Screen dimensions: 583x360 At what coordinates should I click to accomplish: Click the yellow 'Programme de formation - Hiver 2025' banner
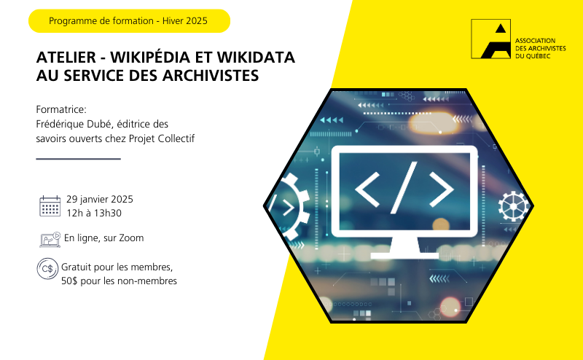pyautogui.click(x=130, y=21)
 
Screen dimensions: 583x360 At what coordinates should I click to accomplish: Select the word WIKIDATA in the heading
pyautogui.click(x=257, y=58)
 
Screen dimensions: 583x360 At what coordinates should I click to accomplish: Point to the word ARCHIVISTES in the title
pyautogui.click(x=211, y=76)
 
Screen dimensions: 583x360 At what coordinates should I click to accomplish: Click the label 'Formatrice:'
pyautogui.click(x=61, y=109)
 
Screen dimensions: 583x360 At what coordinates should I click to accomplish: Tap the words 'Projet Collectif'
pyautogui.click(x=162, y=138)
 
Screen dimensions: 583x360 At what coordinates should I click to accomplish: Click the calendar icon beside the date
pyautogui.click(x=50, y=206)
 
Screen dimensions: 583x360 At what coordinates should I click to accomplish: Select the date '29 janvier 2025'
pyautogui.click(x=100, y=200)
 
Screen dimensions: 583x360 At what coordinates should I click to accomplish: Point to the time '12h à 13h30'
pyautogui.click(x=94, y=213)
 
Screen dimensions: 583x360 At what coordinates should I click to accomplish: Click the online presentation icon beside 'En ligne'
pyautogui.click(x=50, y=240)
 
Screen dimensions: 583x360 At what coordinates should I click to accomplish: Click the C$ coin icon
pyautogui.click(x=47, y=268)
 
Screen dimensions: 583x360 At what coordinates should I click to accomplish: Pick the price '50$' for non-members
pyautogui.click(x=69, y=281)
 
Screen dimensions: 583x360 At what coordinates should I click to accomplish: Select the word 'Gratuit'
pyautogui.click(x=76, y=267)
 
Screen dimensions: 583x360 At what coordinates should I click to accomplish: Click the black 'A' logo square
pyautogui.click(x=490, y=39)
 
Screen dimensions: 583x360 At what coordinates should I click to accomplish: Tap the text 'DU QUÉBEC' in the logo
pyautogui.click(x=533, y=56)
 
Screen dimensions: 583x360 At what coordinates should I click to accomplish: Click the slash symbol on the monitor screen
pyautogui.click(x=404, y=188)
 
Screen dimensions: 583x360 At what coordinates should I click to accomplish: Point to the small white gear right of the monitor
pyautogui.click(x=514, y=206)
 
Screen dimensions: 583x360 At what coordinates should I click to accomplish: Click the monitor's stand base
pyautogui.click(x=404, y=256)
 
